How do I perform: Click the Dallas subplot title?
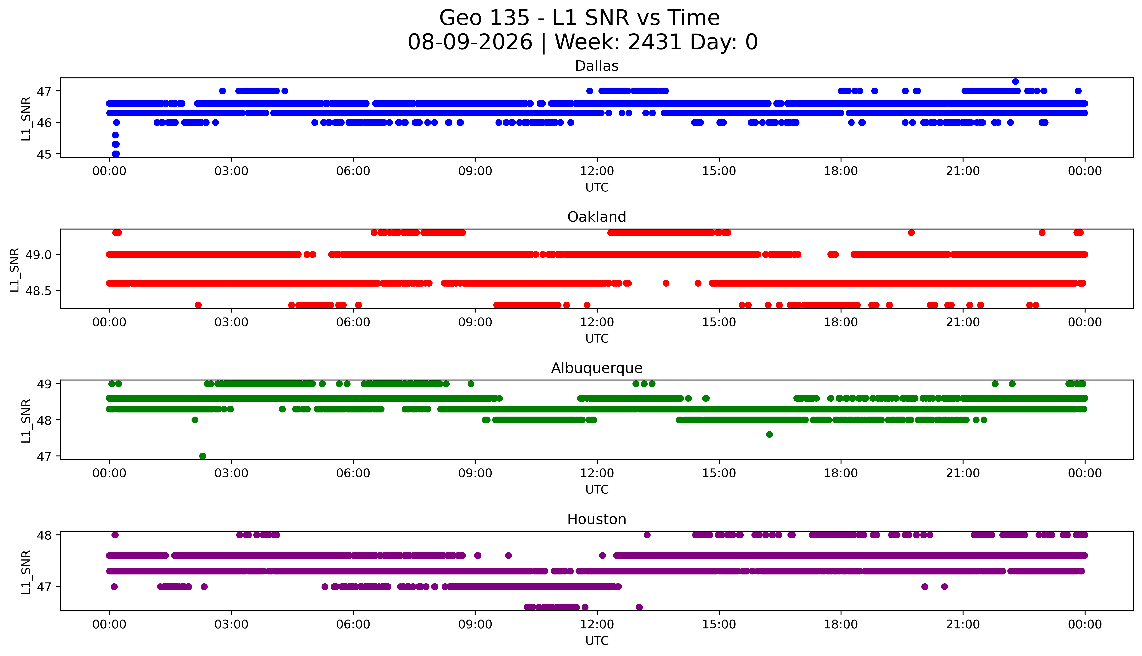597,66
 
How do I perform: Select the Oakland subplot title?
597,217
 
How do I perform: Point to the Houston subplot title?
597,520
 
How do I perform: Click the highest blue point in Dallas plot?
1015,82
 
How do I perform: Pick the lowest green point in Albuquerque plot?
203,456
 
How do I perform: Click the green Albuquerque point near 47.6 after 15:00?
769,434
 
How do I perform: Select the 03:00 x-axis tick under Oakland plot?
231,322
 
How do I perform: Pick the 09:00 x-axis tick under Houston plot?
475,624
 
